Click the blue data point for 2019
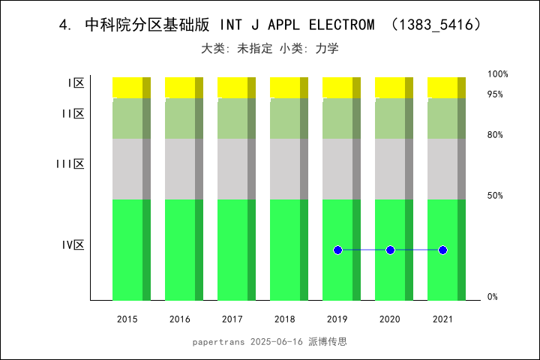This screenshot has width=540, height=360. [x=337, y=250]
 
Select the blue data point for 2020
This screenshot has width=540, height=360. [x=390, y=250]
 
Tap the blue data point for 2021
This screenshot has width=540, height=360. [x=442, y=250]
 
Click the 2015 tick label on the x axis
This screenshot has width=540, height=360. [x=127, y=319]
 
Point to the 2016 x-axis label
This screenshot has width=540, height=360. [x=180, y=319]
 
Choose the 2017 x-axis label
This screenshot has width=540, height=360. [x=232, y=319]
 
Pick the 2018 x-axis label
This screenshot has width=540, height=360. [x=285, y=319]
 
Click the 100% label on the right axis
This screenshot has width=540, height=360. [x=497, y=74]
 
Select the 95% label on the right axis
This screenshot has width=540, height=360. [x=495, y=94]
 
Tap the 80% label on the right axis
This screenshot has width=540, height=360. [x=495, y=135]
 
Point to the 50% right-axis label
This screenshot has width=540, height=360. [x=495, y=196]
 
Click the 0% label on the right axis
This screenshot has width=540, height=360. [x=493, y=297]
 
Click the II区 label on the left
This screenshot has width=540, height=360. [x=73, y=114]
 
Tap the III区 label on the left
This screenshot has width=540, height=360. [x=70, y=164]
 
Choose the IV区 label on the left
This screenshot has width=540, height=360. [x=73, y=245]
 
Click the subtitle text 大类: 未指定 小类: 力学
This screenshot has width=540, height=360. [x=270, y=49]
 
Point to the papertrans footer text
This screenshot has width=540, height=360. [x=270, y=341]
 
